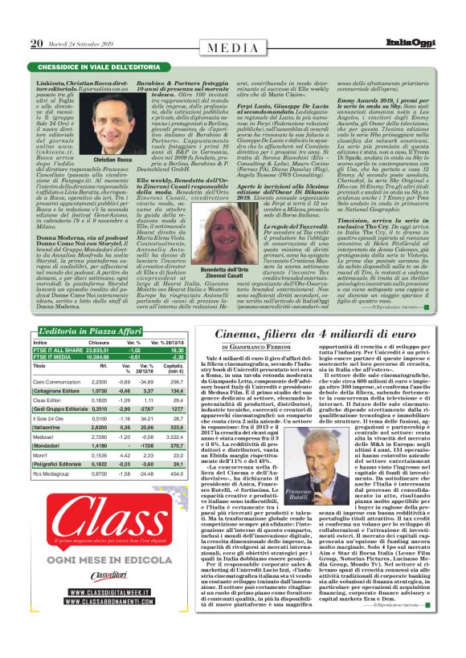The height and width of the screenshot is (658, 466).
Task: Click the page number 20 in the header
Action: click(x=36, y=44)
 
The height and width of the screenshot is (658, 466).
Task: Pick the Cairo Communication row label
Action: click(x=62, y=382)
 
